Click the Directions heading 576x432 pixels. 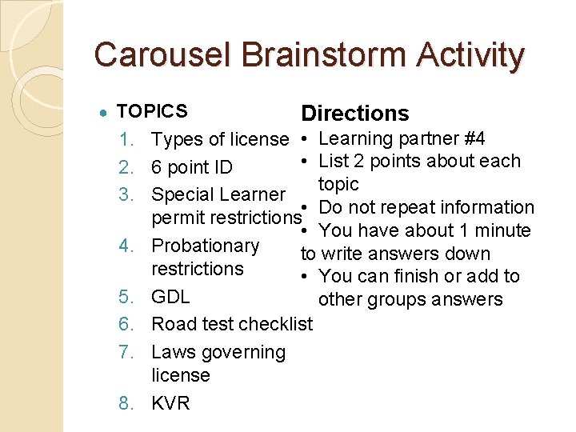354,114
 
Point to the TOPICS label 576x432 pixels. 152,111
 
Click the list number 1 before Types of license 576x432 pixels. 127,140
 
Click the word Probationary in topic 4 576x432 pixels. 206,246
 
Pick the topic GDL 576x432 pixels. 170,297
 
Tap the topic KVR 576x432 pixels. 170,402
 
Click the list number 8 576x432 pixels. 127,402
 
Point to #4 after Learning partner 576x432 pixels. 470,138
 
